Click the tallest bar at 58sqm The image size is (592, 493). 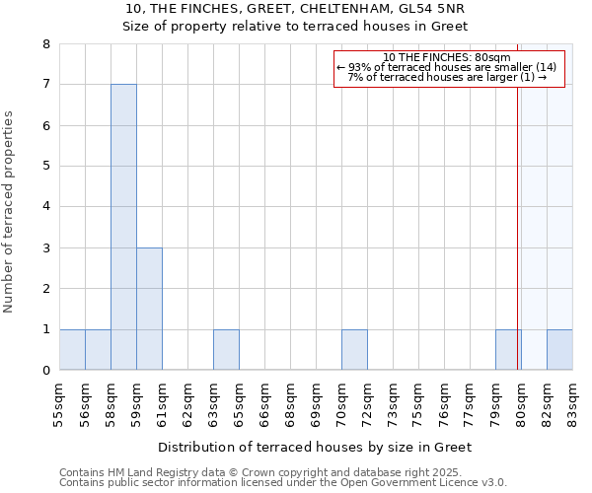[123, 227]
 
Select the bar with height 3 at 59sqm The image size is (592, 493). [149, 309]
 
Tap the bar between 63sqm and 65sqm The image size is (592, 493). [226, 350]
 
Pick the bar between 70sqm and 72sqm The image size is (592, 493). [354, 350]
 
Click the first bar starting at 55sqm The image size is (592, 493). [72, 350]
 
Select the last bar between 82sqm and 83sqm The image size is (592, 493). [559, 350]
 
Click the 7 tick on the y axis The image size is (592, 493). [46, 85]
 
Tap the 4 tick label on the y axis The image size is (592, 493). [46, 207]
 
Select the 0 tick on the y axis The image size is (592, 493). [46, 371]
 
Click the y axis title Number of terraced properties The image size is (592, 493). [9, 211]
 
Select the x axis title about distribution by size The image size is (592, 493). [315, 447]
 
